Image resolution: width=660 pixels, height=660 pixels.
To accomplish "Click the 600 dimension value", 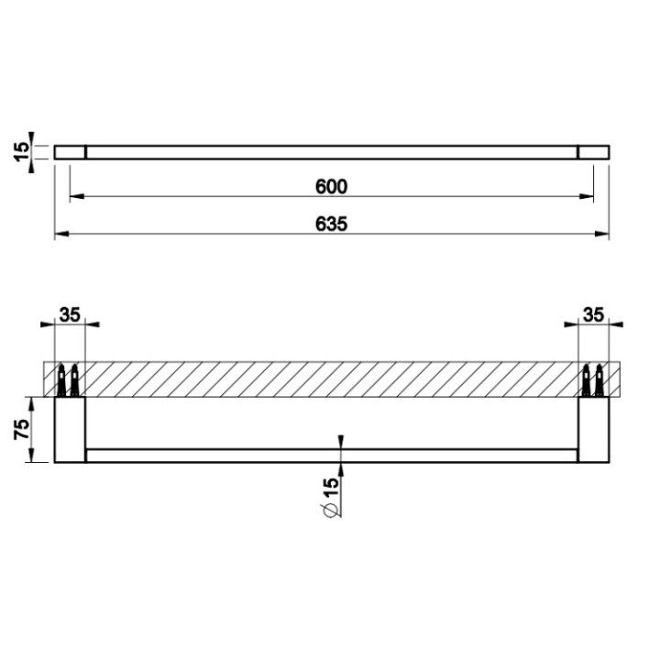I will click(331, 186).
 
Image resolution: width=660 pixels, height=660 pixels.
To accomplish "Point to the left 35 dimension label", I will click(70, 314).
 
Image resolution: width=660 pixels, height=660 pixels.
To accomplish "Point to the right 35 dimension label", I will click(593, 314).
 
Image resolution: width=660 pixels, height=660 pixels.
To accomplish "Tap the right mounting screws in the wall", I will click(594, 379).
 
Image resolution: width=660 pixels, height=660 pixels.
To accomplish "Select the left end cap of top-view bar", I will click(70, 151).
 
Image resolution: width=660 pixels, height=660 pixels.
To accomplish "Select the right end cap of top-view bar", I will click(593, 151).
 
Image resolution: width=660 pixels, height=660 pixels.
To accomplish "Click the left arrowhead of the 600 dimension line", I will click(76, 196).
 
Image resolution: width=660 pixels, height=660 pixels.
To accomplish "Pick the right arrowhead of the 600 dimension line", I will click(588, 196).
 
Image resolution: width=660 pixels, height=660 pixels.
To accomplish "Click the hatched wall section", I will click(330, 379).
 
